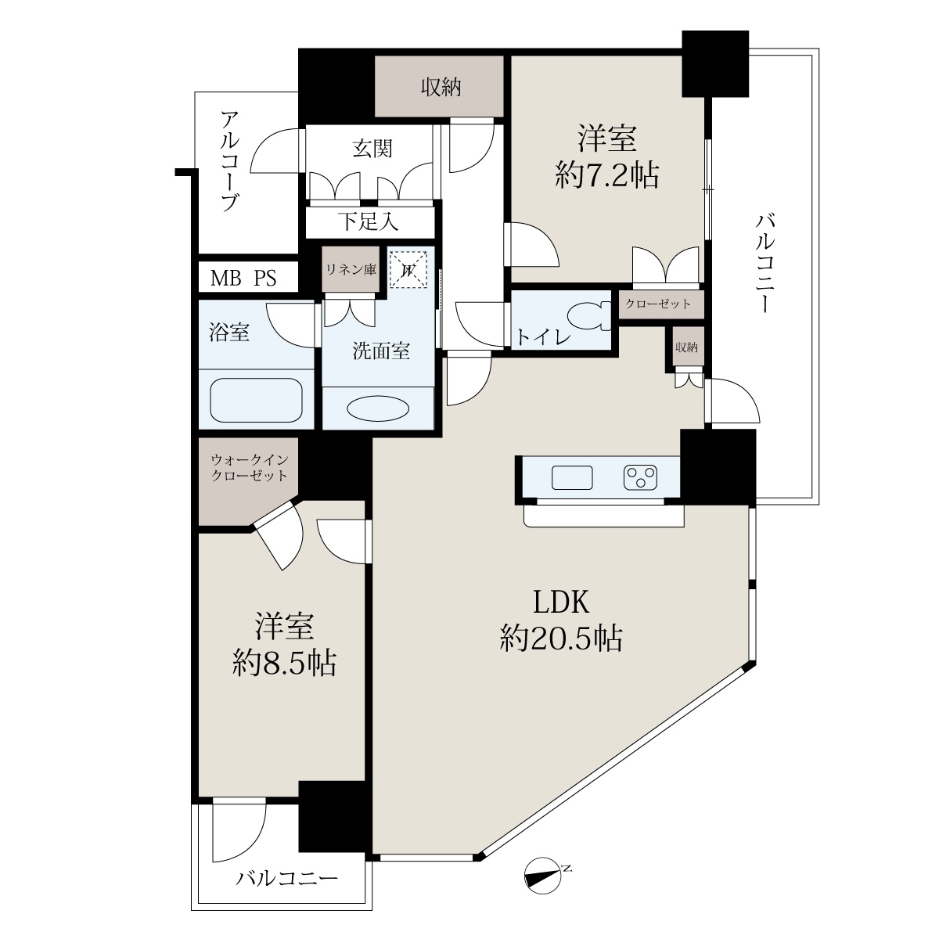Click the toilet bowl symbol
click(x=589, y=316)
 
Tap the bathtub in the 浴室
click(x=256, y=400)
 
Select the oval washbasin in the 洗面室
click(x=378, y=408)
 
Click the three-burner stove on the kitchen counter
click(x=640, y=477)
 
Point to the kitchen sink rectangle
click(x=572, y=477)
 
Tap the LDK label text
click(x=561, y=602)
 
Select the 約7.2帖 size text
click(x=607, y=175)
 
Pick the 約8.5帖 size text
click(x=284, y=663)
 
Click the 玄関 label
click(x=372, y=149)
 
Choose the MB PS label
click(x=243, y=279)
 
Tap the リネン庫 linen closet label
click(x=351, y=269)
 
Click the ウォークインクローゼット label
click(x=250, y=467)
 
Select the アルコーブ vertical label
click(x=230, y=161)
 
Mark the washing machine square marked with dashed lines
click(x=408, y=269)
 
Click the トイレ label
click(x=543, y=337)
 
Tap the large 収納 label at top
click(x=441, y=88)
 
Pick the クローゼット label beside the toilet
click(x=658, y=304)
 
